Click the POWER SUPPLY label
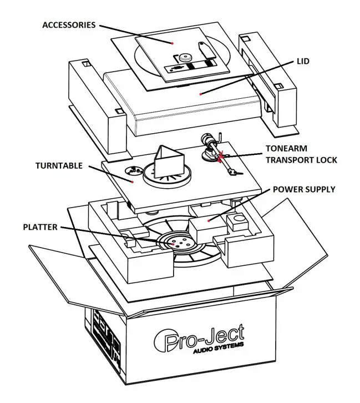[x=303, y=189]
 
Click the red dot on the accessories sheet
[x=174, y=42]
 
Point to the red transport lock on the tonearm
[x=223, y=158]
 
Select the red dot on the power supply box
[x=209, y=220]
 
